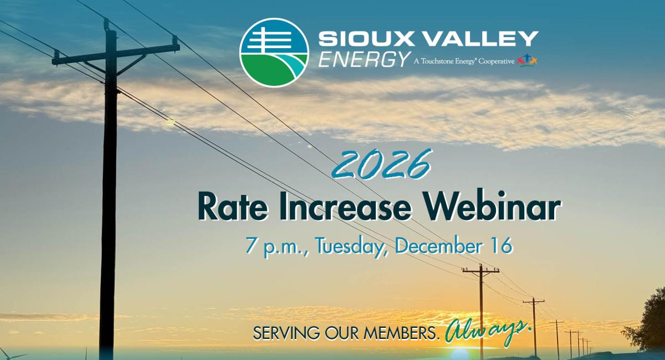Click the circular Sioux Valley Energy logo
pos(274,53)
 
